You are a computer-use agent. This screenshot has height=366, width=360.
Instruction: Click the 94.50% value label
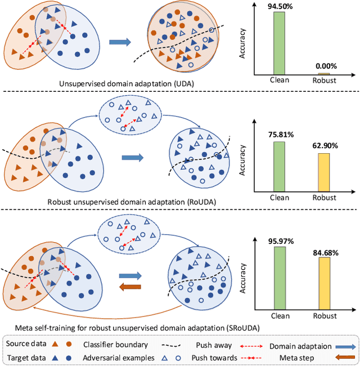pos(279,6)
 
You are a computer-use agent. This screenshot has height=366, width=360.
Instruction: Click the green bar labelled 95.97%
pos(279,278)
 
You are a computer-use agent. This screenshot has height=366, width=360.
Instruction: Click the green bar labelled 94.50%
pos(279,43)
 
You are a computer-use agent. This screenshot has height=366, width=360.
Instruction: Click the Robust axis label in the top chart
pos(323,81)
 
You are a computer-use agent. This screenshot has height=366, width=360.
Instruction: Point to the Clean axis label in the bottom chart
pos(280,316)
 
